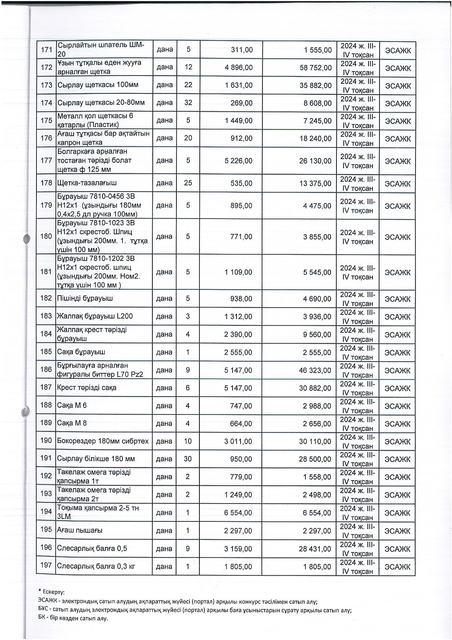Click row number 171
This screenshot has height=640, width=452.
(46, 50)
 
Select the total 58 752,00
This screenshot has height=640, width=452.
(315, 68)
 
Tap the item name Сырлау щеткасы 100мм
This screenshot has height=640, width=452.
(98, 85)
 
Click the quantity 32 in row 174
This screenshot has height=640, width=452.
(188, 103)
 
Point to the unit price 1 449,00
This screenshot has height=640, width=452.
(239, 120)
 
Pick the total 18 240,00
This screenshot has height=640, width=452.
(315, 138)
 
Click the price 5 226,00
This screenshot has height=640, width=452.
(239, 161)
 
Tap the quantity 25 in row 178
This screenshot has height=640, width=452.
(188, 183)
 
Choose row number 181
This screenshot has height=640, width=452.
(46, 272)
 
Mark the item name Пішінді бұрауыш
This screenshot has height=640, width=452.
(85, 298)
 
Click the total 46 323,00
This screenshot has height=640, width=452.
(315, 370)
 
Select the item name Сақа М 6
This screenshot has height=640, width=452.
(72, 405)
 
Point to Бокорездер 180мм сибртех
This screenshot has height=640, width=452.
(103, 441)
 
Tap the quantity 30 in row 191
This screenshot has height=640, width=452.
(188, 459)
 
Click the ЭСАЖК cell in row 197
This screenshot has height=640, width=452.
(398, 567)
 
